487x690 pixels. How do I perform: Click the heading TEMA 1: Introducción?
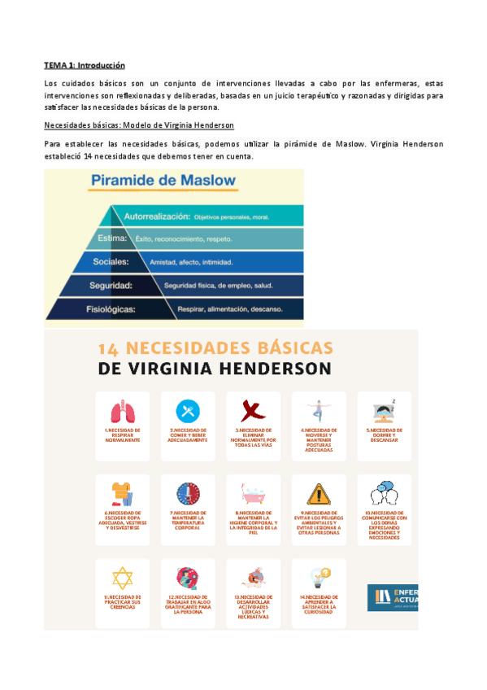(85, 65)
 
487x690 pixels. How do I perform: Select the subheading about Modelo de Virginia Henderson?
(139, 124)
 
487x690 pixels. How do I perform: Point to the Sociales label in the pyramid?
(112, 262)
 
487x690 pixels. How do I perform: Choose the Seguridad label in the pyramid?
(112, 286)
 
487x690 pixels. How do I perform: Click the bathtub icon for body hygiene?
(252, 494)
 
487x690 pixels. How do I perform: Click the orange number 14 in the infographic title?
(110, 347)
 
